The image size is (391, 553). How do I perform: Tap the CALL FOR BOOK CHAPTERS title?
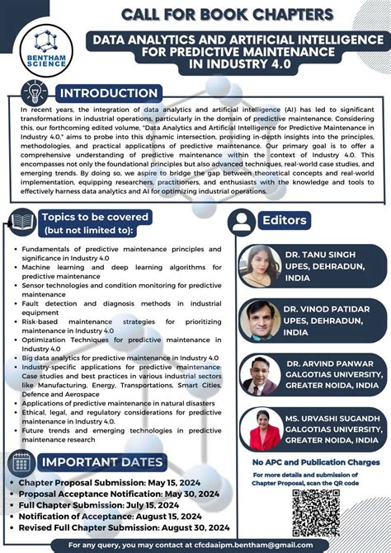click(x=227, y=14)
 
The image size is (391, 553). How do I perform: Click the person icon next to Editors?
click(x=243, y=221)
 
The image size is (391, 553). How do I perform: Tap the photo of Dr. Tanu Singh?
click(x=260, y=266)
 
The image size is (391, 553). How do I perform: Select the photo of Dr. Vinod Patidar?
click(x=260, y=321)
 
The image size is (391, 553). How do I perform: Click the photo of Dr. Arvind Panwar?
click(x=260, y=374)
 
